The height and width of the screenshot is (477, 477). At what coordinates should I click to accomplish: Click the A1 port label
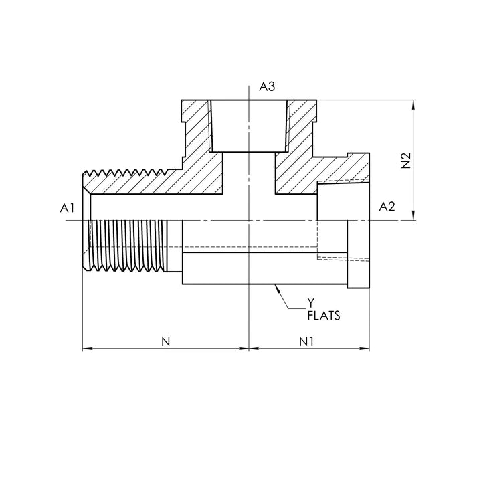point(66,208)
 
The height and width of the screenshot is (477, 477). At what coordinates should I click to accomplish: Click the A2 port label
point(387,207)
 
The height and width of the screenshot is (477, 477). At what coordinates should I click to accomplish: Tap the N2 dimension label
point(405,161)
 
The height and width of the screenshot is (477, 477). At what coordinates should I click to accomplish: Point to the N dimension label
point(166,341)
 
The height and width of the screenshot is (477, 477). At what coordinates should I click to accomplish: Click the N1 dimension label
point(307,341)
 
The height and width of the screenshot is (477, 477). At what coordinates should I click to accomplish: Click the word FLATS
point(323,316)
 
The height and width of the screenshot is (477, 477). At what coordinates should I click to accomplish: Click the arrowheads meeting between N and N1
point(249,349)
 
